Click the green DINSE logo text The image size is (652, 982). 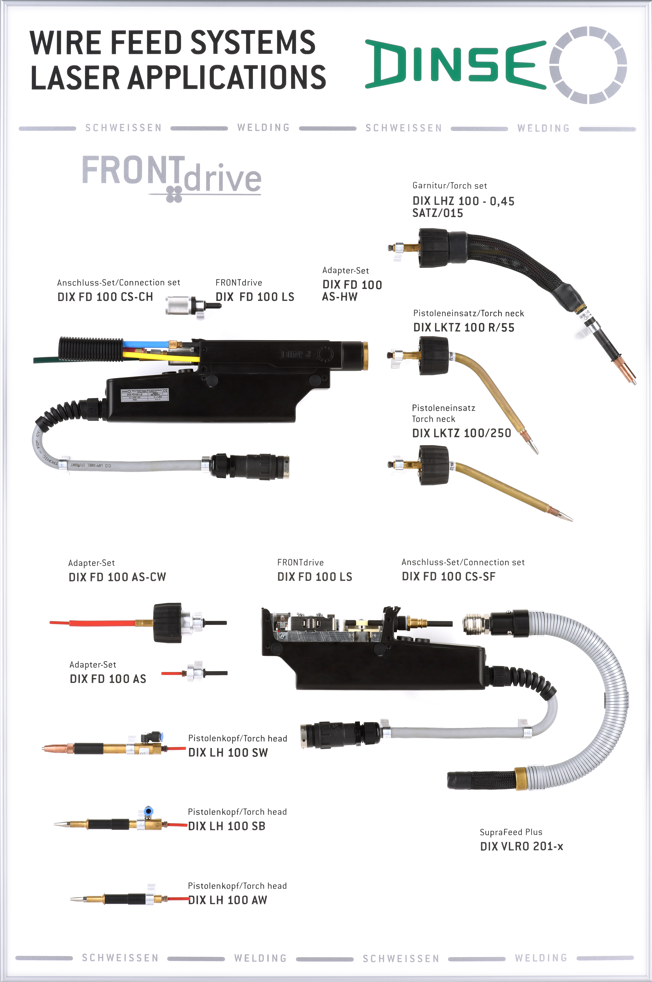pyautogui.click(x=455, y=64)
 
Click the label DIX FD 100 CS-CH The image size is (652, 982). pyautogui.click(x=105, y=297)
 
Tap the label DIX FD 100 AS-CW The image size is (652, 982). pyautogui.click(x=117, y=577)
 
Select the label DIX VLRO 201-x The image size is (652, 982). pyautogui.click(x=521, y=846)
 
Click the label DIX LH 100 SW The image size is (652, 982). pyautogui.click(x=228, y=753)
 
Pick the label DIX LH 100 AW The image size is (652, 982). pyautogui.click(x=227, y=900)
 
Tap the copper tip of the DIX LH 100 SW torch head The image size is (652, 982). pyautogui.click(x=58, y=748)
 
